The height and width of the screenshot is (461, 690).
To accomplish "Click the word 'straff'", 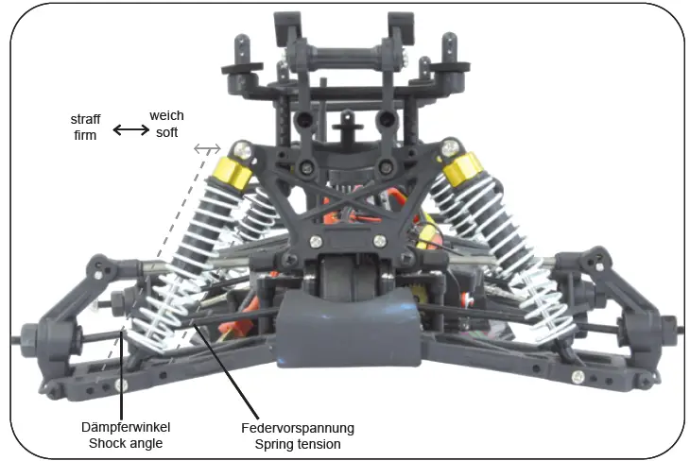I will (86, 120).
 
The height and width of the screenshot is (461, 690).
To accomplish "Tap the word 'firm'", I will (86, 136).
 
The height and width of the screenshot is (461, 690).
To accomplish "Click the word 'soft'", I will (166, 132).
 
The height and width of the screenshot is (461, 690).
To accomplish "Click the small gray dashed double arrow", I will (207, 148).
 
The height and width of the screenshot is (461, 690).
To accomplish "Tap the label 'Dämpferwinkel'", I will (125, 428).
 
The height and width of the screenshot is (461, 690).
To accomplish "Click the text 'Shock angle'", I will (125, 443).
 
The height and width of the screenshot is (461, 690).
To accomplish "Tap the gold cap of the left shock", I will (233, 170).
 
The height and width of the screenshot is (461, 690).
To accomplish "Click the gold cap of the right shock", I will (462, 171).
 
